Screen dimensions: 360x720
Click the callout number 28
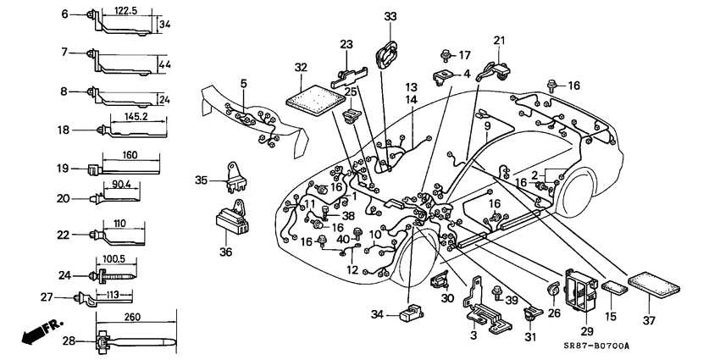(x=68, y=341)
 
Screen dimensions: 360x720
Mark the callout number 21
(x=498, y=40)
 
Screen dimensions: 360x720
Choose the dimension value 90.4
(x=121, y=184)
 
